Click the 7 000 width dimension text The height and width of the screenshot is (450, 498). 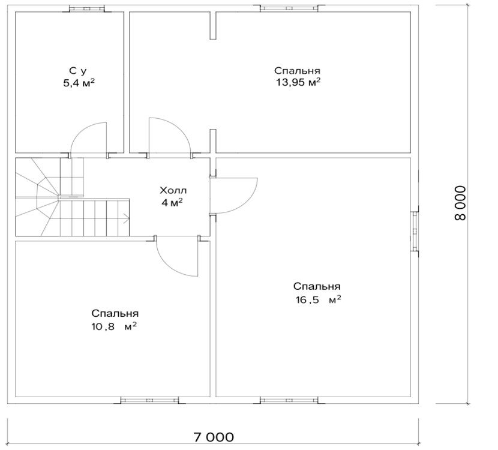pyautogui.click(x=213, y=437)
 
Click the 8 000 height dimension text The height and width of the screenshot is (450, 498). pyautogui.click(x=460, y=203)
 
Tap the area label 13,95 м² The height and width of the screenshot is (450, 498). pyautogui.click(x=298, y=82)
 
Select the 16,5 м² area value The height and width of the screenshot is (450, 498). pyautogui.click(x=318, y=299)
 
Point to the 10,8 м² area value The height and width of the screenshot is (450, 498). pyautogui.click(x=115, y=326)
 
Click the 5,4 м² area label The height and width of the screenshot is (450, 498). pyautogui.click(x=79, y=83)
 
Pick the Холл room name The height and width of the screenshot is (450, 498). pyautogui.click(x=173, y=191)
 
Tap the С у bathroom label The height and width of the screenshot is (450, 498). pyautogui.click(x=78, y=71)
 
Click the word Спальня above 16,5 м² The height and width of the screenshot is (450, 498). pyautogui.click(x=317, y=286)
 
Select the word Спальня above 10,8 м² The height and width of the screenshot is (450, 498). pyautogui.click(x=115, y=313)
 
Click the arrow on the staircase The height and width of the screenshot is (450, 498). pyautogui.click(x=125, y=218)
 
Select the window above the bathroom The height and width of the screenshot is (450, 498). pyautogui.click(x=87, y=8)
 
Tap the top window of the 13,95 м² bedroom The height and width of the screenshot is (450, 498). pyautogui.click(x=289, y=8)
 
